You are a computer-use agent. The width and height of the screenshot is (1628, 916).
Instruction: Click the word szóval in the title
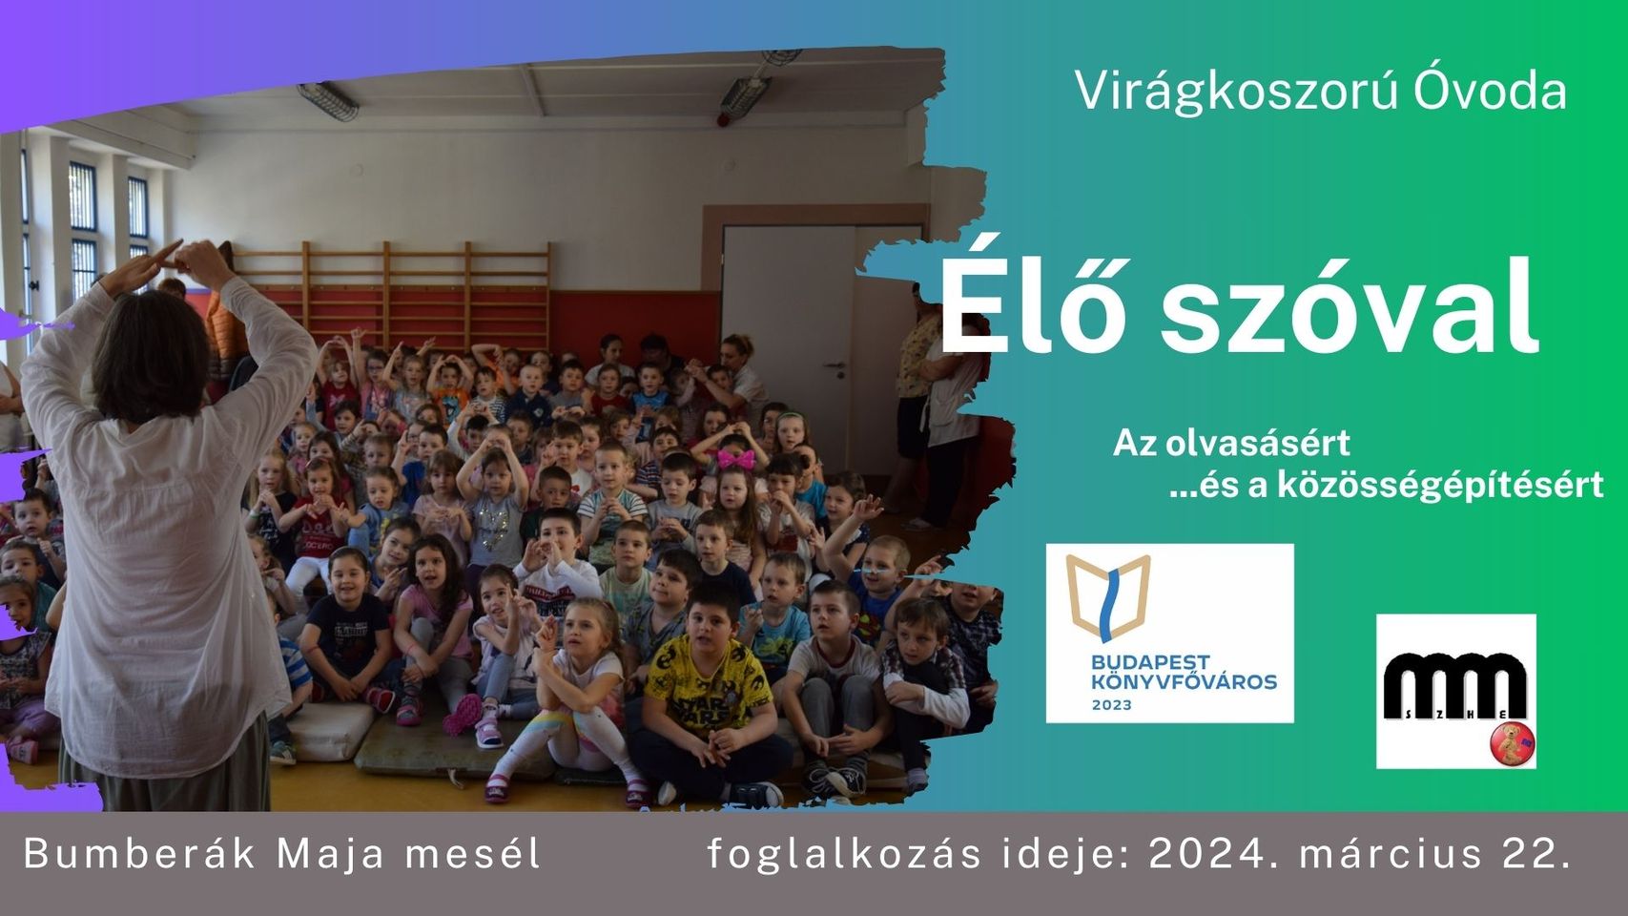[x=1349, y=305]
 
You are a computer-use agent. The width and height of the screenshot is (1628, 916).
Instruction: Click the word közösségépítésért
[x=1440, y=486]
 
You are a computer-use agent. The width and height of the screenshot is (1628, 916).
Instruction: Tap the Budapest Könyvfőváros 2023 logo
[x=1169, y=634]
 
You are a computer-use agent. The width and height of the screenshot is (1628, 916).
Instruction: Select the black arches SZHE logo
[x=1455, y=691]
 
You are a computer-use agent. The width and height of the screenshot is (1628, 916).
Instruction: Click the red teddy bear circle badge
[x=1513, y=743]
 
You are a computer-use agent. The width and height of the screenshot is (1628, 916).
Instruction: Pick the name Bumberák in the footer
[x=139, y=853]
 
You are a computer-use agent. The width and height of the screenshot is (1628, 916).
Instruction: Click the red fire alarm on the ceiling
[x=723, y=119]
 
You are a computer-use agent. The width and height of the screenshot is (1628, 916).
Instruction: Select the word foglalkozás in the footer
[x=844, y=855]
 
